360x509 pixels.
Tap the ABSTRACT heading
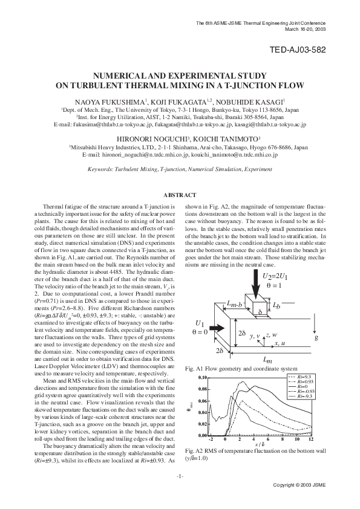coord(180,195)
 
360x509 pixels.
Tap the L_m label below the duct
coord(268,360)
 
